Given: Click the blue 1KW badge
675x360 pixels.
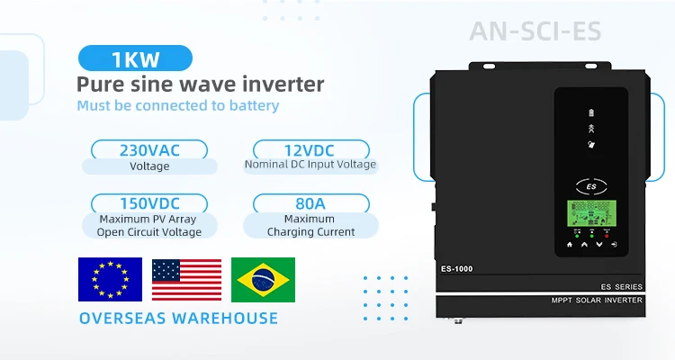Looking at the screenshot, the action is (x=135, y=59).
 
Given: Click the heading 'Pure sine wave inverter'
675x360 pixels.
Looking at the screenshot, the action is (x=200, y=85).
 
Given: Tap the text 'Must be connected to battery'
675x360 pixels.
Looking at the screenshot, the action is (x=177, y=106).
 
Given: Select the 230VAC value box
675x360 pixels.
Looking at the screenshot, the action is (x=149, y=149).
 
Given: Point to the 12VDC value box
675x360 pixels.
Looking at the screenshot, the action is (x=311, y=149).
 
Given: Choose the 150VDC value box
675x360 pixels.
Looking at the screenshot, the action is (x=149, y=202).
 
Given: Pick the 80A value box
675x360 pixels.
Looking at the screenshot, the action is (x=310, y=202).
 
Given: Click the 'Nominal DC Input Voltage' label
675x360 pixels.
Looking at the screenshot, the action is (x=310, y=165).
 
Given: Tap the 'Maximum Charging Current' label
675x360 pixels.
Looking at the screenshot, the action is (x=310, y=225).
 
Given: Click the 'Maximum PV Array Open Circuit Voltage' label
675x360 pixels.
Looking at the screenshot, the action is (x=149, y=225).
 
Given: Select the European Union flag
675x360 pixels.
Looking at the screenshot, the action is (x=110, y=279).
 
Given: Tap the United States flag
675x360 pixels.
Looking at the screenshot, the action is (x=186, y=279).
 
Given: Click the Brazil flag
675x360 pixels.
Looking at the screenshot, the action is (x=263, y=279).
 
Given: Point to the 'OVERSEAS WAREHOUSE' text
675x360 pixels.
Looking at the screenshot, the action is (x=178, y=318).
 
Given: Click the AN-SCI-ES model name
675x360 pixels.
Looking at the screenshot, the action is (x=535, y=32).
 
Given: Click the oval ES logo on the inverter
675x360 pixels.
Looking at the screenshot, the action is (x=591, y=187).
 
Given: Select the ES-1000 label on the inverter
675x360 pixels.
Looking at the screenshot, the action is (x=456, y=268).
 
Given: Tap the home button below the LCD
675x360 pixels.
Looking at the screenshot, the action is (x=569, y=244).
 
